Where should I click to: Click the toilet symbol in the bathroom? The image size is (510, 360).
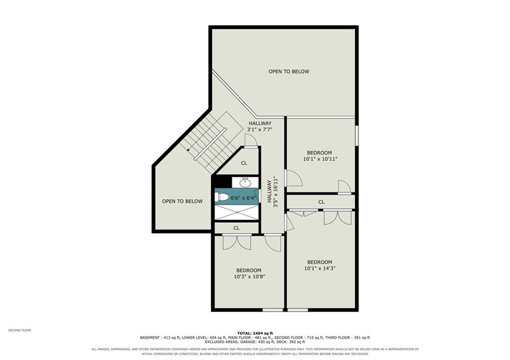[x=222, y=197]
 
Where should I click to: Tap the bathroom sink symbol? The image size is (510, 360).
[x=245, y=182]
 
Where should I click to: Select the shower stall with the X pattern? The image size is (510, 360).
[x=237, y=212]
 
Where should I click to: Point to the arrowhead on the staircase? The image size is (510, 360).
[x=189, y=149]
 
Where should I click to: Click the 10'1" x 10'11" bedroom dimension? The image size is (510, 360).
[x=320, y=159]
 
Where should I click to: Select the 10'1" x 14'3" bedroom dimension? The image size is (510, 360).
[x=320, y=268]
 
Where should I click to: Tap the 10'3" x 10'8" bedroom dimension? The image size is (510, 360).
[x=249, y=277]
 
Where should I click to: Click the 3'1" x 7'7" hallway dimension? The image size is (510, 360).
[x=259, y=129]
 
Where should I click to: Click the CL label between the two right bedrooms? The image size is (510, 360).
[x=321, y=202]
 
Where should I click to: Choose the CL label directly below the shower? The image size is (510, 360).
[x=237, y=228]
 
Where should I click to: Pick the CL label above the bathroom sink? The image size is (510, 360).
[x=244, y=163]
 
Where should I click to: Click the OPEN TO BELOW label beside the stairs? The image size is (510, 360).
[x=182, y=201]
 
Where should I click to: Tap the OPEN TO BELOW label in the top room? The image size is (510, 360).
[x=289, y=72]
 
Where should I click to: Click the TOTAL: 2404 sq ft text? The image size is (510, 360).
[x=255, y=333]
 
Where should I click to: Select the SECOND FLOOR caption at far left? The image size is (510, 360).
[x=20, y=330]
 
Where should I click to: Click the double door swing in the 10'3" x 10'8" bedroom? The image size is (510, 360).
[x=237, y=242]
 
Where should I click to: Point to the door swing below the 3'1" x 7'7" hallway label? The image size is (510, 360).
[x=252, y=140]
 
